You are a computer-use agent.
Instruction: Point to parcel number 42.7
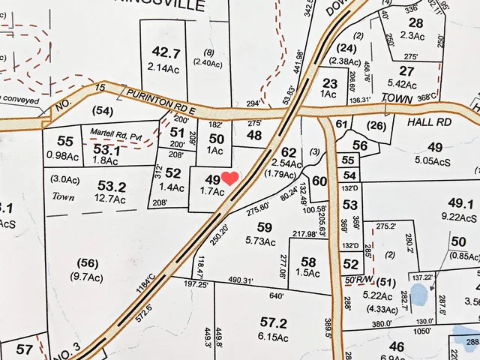[x=166, y=52]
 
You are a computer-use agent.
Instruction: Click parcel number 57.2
[x=274, y=323]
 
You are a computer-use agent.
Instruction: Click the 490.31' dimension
[x=248, y=280]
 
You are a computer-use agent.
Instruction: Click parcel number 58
[x=308, y=261]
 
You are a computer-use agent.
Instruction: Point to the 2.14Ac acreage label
[x=166, y=67]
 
